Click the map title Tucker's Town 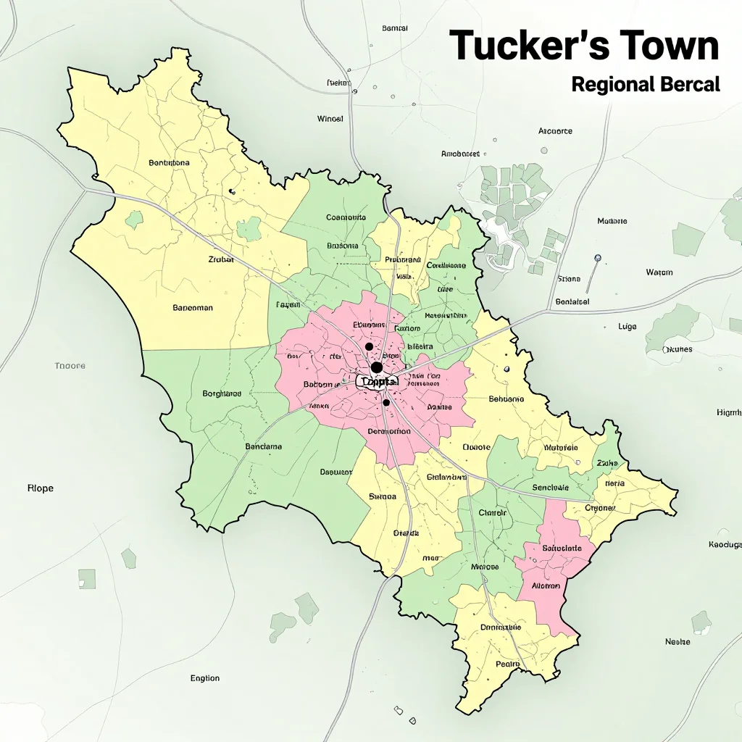(x=584, y=46)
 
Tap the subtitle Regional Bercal (x=646, y=84)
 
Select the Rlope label (x=40, y=488)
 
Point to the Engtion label (x=205, y=678)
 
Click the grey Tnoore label (x=70, y=366)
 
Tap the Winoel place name (x=330, y=118)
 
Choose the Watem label (x=659, y=272)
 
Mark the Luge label (x=628, y=327)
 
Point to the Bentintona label (x=169, y=163)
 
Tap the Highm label (x=728, y=412)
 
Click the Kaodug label (x=725, y=544)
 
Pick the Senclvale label (x=550, y=488)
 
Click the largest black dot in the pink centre (x=377, y=367)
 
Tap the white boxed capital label (x=378, y=382)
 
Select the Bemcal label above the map (x=394, y=28)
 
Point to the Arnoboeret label (x=460, y=154)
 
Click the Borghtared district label (x=222, y=394)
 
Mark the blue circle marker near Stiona (x=598, y=258)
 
